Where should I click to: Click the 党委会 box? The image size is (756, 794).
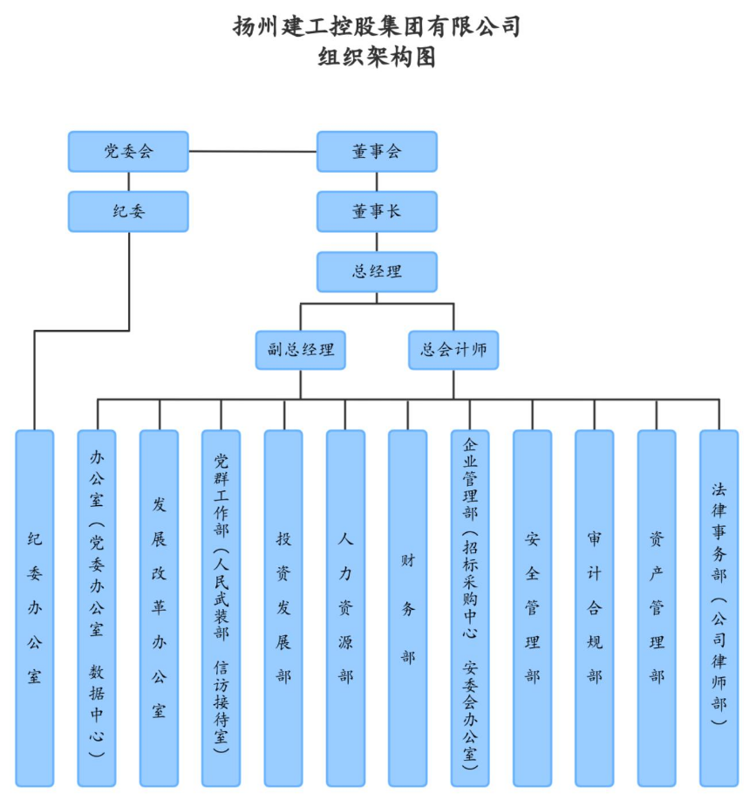128,151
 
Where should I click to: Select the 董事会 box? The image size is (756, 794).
377,151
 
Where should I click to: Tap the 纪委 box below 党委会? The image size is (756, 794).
128,211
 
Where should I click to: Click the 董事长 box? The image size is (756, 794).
377,211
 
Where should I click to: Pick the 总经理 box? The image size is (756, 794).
377,271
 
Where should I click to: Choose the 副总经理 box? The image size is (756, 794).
301,350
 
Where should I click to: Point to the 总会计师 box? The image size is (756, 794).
453,350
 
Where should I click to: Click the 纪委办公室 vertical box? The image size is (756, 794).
35,607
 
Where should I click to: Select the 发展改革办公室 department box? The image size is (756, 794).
159,607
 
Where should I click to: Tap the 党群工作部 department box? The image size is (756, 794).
221,607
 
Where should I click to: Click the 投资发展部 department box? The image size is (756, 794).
283,607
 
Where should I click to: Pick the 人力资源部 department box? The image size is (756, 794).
345,607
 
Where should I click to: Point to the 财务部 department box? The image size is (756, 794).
407,607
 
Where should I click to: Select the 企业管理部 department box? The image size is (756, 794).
470,607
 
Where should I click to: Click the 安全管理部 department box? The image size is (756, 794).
532,607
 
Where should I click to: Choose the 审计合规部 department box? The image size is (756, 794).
594,607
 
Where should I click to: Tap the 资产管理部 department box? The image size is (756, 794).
657,607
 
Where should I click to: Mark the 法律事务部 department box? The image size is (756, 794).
719,607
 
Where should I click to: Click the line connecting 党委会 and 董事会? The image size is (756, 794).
253,151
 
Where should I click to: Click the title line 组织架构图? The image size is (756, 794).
377,58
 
